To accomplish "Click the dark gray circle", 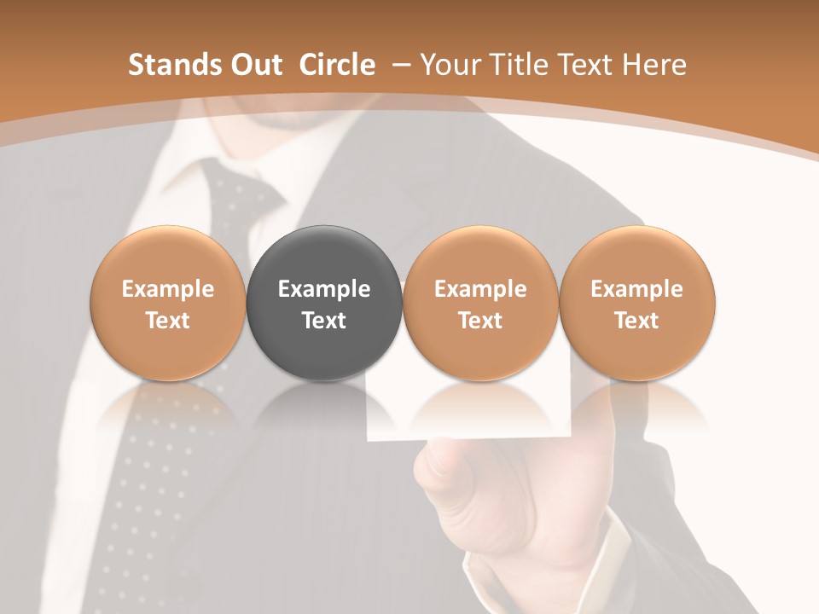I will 324,303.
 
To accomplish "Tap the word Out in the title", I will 253,65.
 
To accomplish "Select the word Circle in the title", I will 337,65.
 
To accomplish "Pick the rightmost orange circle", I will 636,303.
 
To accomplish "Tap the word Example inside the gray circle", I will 324,289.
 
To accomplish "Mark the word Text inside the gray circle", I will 324,321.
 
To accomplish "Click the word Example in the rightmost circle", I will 636,289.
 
